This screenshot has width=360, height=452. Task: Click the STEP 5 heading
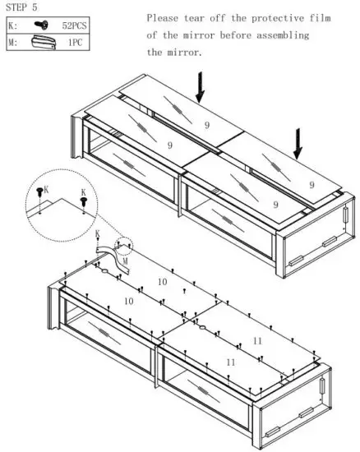(x=23, y=7)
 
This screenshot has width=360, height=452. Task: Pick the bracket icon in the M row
(x=42, y=41)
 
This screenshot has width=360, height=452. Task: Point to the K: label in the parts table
(x=12, y=25)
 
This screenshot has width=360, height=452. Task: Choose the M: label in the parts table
(x=12, y=41)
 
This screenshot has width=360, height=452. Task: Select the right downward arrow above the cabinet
(x=298, y=145)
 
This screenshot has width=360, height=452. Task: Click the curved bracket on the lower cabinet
(x=112, y=256)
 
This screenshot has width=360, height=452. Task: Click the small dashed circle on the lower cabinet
(x=123, y=247)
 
